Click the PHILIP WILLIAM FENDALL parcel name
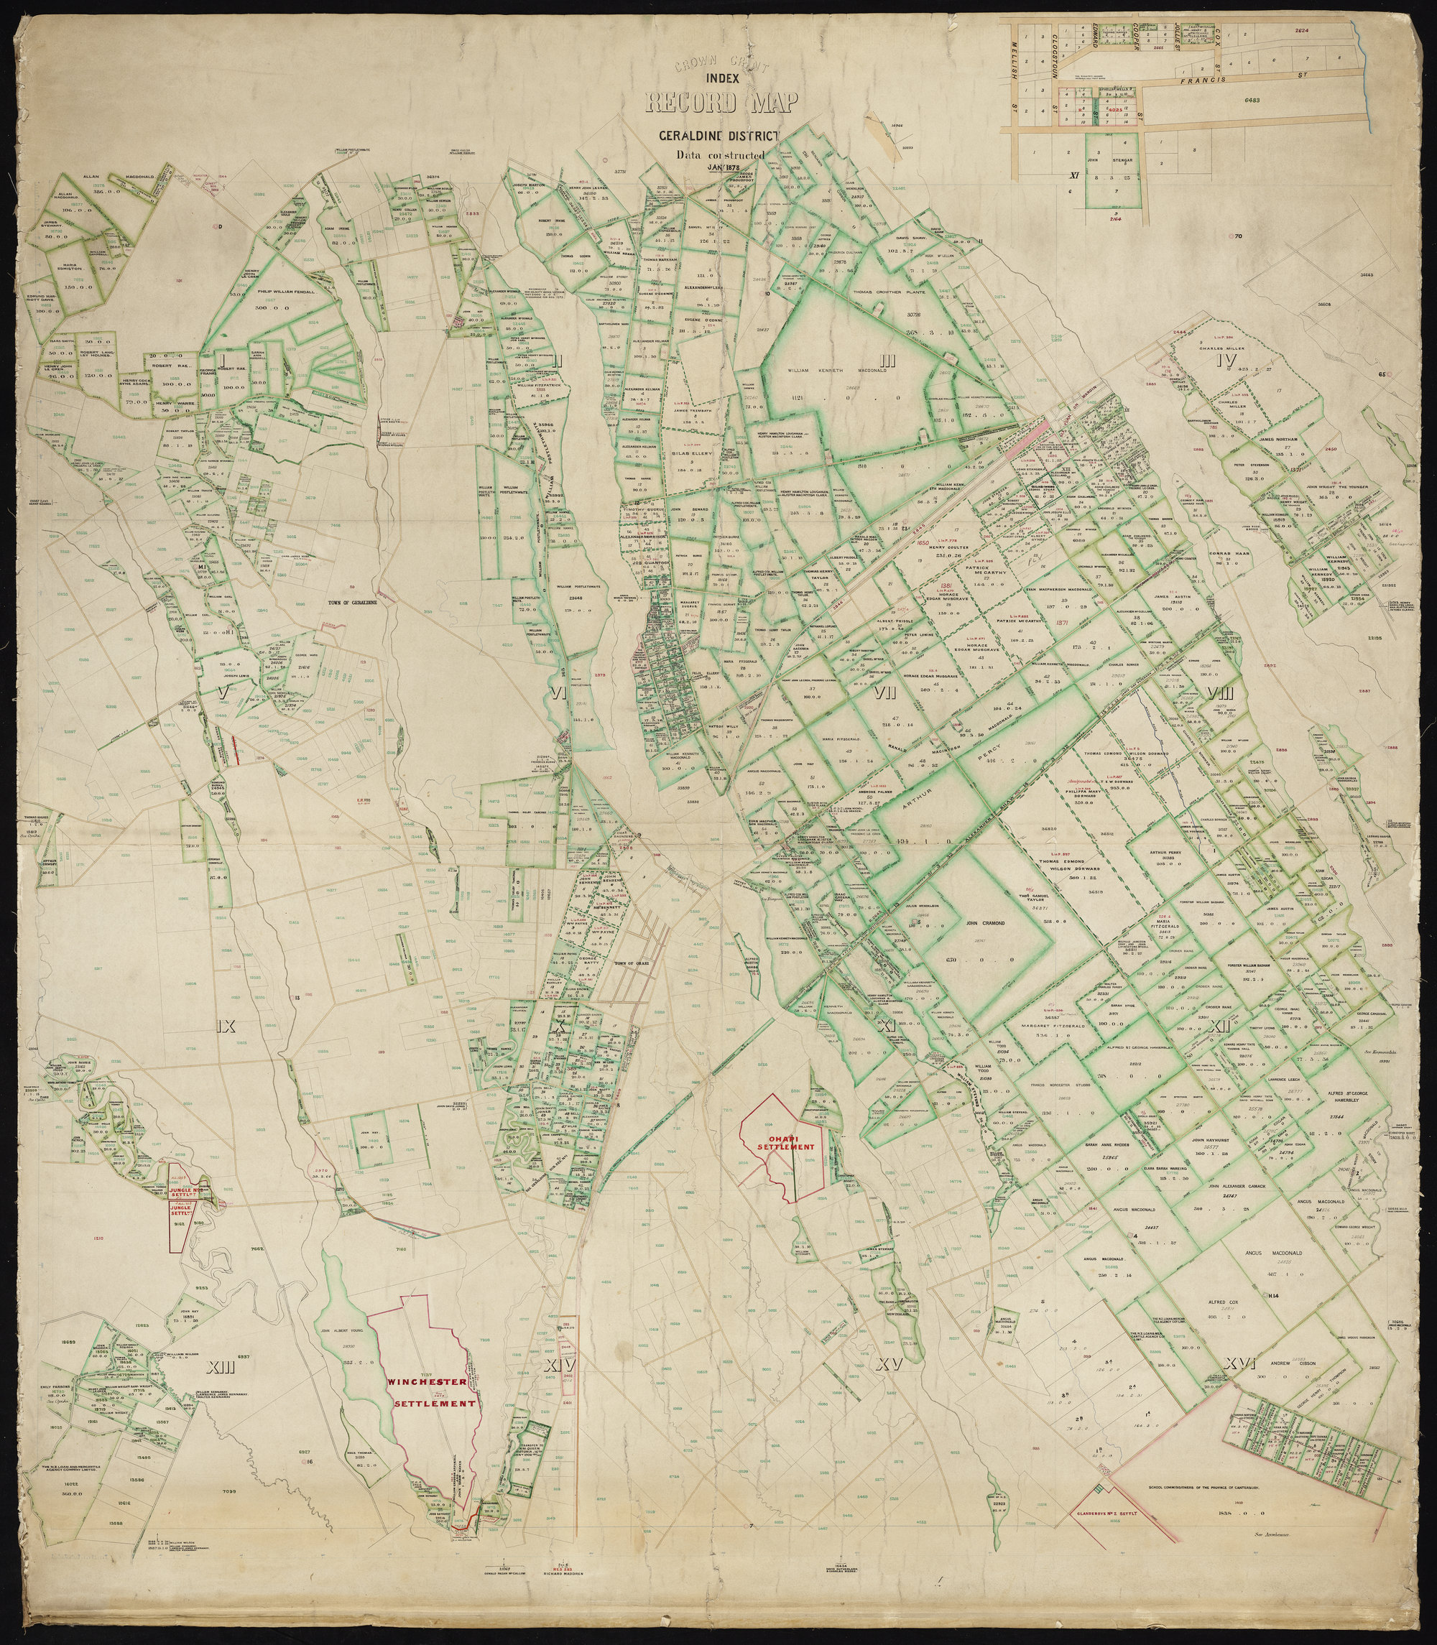286,292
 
